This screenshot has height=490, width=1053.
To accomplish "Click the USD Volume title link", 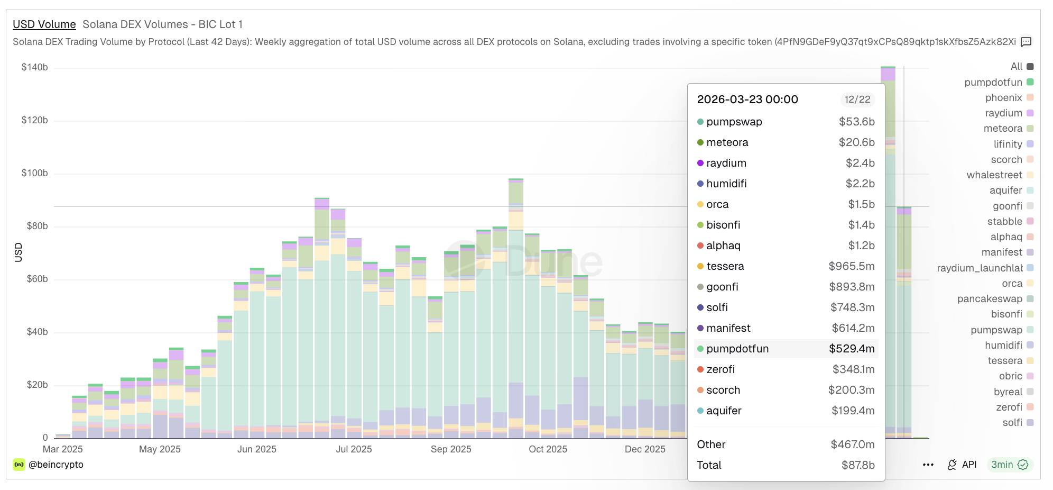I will pyautogui.click(x=44, y=24).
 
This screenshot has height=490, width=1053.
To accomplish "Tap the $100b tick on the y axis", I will pyautogui.click(x=34, y=173).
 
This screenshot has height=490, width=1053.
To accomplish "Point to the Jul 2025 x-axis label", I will pyautogui.click(x=354, y=449).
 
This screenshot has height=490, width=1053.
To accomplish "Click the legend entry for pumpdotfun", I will pyautogui.click(x=993, y=82).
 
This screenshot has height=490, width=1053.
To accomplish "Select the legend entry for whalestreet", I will pyautogui.click(x=994, y=175).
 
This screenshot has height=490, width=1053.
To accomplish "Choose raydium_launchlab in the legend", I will pyautogui.click(x=980, y=268).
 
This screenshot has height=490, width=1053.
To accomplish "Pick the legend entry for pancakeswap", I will pyautogui.click(x=990, y=298).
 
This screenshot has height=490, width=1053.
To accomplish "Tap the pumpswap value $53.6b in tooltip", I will pyautogui.click(x=856, y=122).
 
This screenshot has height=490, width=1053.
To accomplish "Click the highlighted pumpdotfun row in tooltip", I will pyautogui.click(x=786, y=349).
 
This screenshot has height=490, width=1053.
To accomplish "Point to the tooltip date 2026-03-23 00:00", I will pyautogui.click(x=747, y=99).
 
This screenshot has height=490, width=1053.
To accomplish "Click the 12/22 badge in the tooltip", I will pyautogui.click(x=857, y=99).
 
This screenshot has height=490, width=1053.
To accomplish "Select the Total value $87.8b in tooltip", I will pyautogui.click(x=858, y=465).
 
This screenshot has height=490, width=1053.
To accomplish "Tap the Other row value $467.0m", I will pyautogui.click(x=852, y=444).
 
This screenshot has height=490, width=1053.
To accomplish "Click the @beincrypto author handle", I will pyautogui.click(x=56, y=465).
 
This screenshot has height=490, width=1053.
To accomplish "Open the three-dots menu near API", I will pyautogui.click(x=928, y=465).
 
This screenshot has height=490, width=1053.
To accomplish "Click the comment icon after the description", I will pyautogui.click(x=1026, y=42).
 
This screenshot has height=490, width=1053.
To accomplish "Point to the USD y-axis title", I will pyautogui.click(x=19, y=252).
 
